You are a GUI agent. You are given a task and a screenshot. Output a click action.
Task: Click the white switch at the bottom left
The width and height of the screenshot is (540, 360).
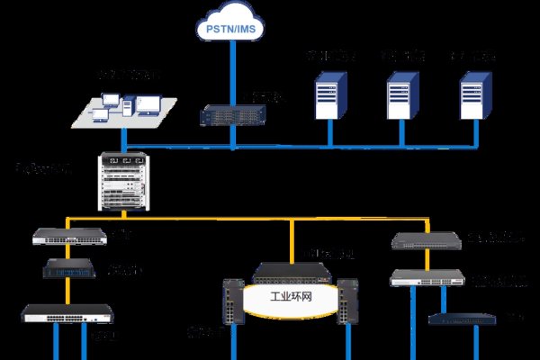pyautogui.click(x=55, y=314)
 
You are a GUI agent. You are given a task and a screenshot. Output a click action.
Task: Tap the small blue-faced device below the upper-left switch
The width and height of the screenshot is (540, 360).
pyautogui.click(x=69, y=268)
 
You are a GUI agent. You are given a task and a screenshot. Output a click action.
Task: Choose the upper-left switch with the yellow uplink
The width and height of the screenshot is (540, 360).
pyautogui.click(x=69, y=237)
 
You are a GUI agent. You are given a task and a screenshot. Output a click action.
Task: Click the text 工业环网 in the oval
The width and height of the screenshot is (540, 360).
pyautogui.click(x=292, y=295)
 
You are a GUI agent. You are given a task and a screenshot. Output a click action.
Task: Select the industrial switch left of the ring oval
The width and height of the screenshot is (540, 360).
pyautogui.click(x=233, y=301)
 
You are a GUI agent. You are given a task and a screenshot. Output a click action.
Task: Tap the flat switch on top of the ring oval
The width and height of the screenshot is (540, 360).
pyautogui.click(x=290, y=271)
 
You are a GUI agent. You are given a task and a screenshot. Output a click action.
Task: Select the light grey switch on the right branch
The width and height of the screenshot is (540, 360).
pyautogui.click(x=425, y=278)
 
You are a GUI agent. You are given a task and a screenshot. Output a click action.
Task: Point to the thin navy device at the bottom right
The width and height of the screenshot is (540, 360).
pyautogui.click(x=462, y=317)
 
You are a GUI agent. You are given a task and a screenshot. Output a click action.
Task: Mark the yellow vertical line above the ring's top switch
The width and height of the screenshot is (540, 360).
pyautogui.click(x=291, y=241)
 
